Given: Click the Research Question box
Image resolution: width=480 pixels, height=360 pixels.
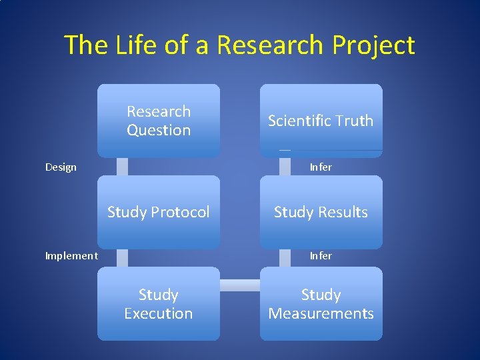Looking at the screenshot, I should click(x=159, y=121).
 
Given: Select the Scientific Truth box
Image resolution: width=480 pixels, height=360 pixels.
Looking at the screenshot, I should click(x=321, y=121).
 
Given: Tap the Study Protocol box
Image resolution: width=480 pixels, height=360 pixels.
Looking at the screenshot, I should click(x=159, y=212).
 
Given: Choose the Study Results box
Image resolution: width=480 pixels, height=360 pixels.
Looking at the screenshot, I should click(x=321, y=212).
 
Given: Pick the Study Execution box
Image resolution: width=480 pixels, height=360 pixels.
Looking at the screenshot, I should click(x=159, y=304).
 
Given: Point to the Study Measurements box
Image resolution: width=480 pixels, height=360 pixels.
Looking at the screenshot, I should click(x=321, y=304).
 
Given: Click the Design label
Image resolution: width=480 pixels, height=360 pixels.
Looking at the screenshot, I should click(x=61, y=167).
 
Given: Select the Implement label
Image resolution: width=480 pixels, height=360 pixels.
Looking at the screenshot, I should click(x=71, y=255).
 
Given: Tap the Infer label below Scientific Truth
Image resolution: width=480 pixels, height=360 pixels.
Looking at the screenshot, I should click(x=321, y=167).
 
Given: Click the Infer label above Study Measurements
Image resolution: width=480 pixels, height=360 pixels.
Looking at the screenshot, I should click(x=321, y=255).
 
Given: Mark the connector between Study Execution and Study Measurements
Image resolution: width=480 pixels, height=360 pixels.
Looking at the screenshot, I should click(x=239, y=285).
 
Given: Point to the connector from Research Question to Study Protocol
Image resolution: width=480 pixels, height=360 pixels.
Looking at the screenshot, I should click(x=122, y=167).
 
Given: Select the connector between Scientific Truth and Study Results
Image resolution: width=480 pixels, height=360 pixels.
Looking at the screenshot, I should click(x=285, y=167).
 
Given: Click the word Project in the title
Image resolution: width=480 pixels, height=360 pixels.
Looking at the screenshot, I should click(x=375, y=45).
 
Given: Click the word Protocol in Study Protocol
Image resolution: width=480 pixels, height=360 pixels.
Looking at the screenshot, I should click(x=181, y=212).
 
